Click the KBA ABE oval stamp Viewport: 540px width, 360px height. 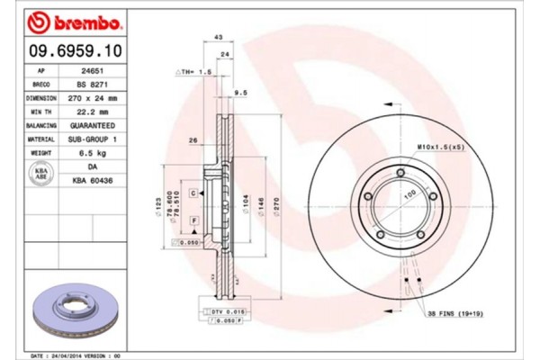pos(40,174)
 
